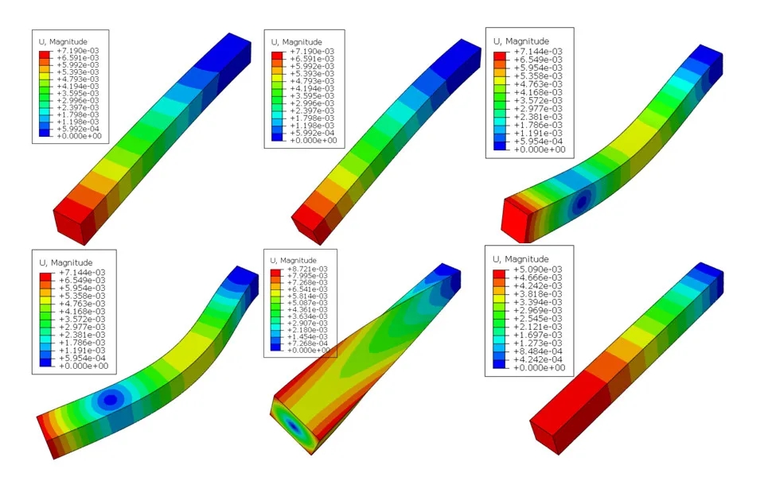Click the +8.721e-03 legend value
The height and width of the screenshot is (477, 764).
tap(307, 270)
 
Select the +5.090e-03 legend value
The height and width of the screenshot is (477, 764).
tap(537, 270)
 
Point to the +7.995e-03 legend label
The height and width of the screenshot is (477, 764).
tap(307, 276)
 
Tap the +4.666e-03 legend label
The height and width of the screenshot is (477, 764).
tap(537, 277)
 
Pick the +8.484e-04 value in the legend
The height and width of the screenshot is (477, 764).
tap(537, 351)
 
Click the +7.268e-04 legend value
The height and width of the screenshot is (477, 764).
tap(307, 343)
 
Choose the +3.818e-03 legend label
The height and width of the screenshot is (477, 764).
tap(537, 294)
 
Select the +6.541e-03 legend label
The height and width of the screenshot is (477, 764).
tap(307, 289)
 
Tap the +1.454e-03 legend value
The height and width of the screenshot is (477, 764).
tap(307, 336)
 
